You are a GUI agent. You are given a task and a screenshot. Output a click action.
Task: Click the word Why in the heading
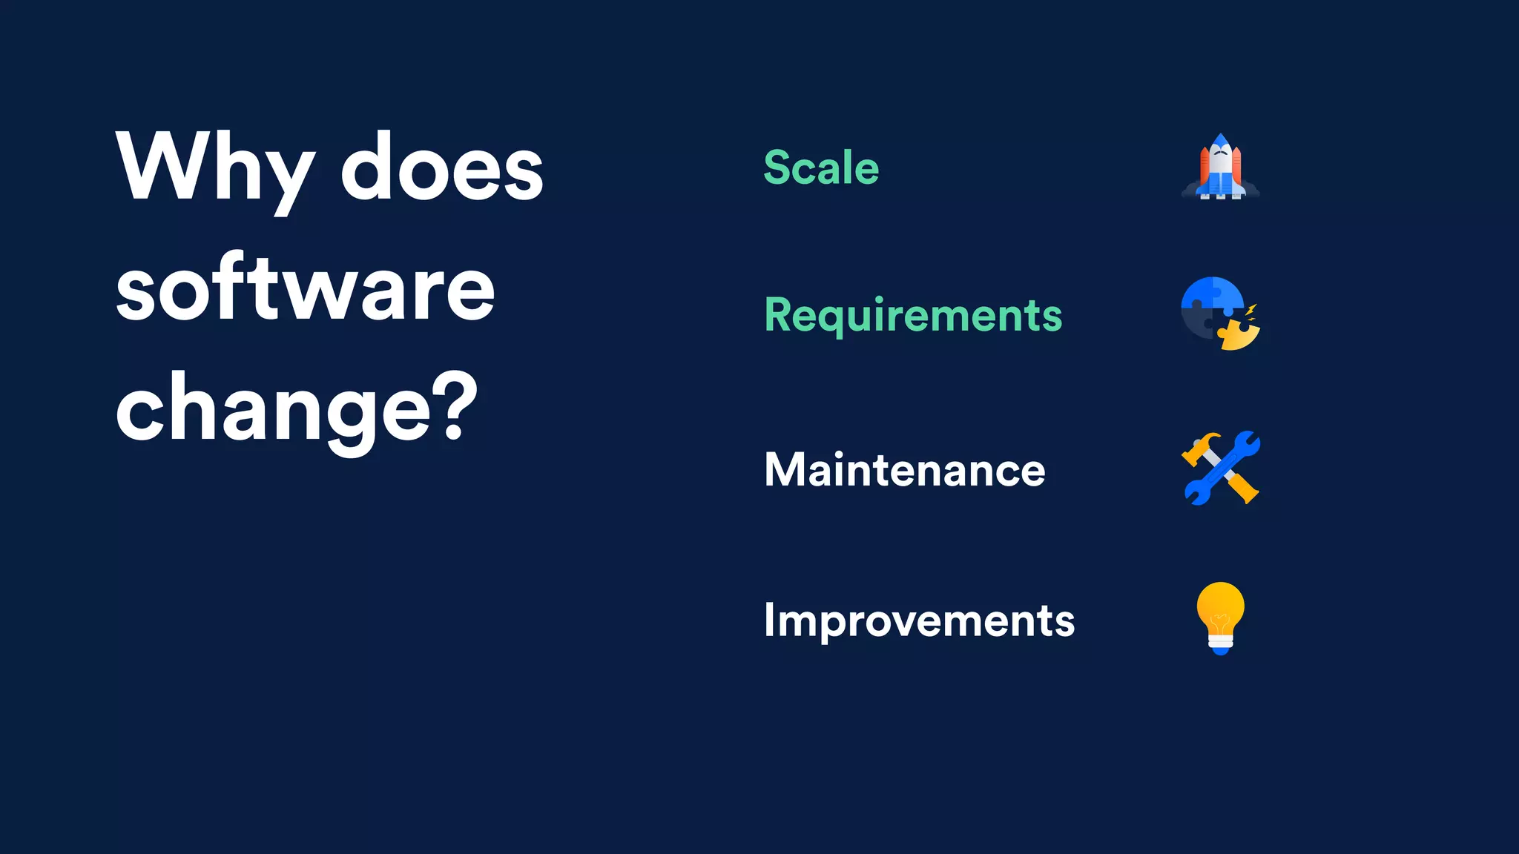click(215, 169)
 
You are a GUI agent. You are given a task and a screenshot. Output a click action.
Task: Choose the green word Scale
click(821, 168)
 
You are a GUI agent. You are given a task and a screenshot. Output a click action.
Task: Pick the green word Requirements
click(913, 316)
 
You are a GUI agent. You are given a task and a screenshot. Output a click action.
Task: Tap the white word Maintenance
click(904, 470)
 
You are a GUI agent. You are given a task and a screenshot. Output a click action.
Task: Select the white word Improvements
click(919, 620)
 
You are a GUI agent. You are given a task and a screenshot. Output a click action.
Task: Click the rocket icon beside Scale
click(1220, 168)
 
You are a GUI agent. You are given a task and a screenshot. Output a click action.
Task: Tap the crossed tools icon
click(1220, 468)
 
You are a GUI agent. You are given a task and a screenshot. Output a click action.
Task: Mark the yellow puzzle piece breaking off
click(1238, 335)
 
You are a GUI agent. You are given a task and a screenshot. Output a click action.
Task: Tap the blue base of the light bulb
click(1220, 649)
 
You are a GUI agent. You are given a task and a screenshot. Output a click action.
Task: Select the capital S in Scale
click(777, 168)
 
